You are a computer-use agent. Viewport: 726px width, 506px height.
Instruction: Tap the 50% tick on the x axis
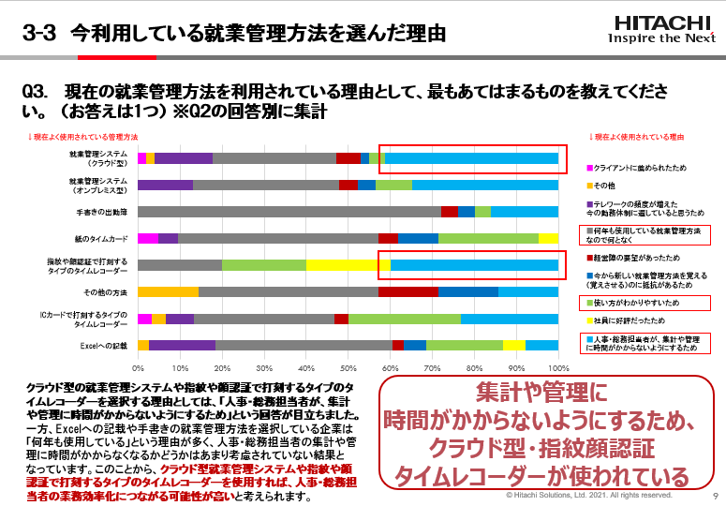point(348,368)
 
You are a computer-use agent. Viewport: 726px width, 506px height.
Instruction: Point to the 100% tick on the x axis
point(558,368)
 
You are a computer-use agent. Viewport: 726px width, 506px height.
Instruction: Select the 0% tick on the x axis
point(139,368)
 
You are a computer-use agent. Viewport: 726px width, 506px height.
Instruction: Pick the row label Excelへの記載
point(107,346)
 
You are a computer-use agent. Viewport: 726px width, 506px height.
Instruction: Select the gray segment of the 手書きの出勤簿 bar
point(289,212)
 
